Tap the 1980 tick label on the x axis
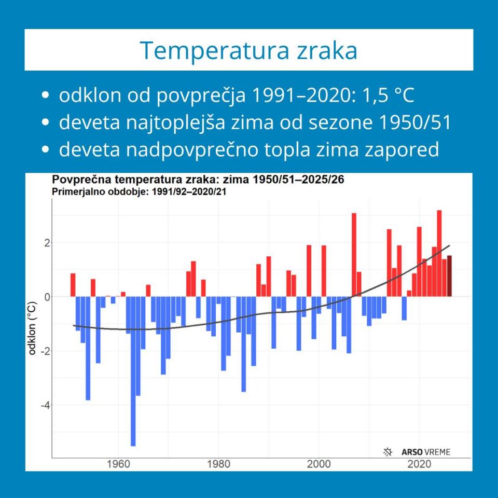218,464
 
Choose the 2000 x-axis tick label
319,464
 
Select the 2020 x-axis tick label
419,464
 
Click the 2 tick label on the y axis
46,243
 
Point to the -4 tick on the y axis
45,405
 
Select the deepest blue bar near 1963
133,371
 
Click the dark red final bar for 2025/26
449,276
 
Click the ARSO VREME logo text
426,452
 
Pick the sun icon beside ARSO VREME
388,452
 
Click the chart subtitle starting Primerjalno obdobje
141,191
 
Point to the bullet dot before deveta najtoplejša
47,123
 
